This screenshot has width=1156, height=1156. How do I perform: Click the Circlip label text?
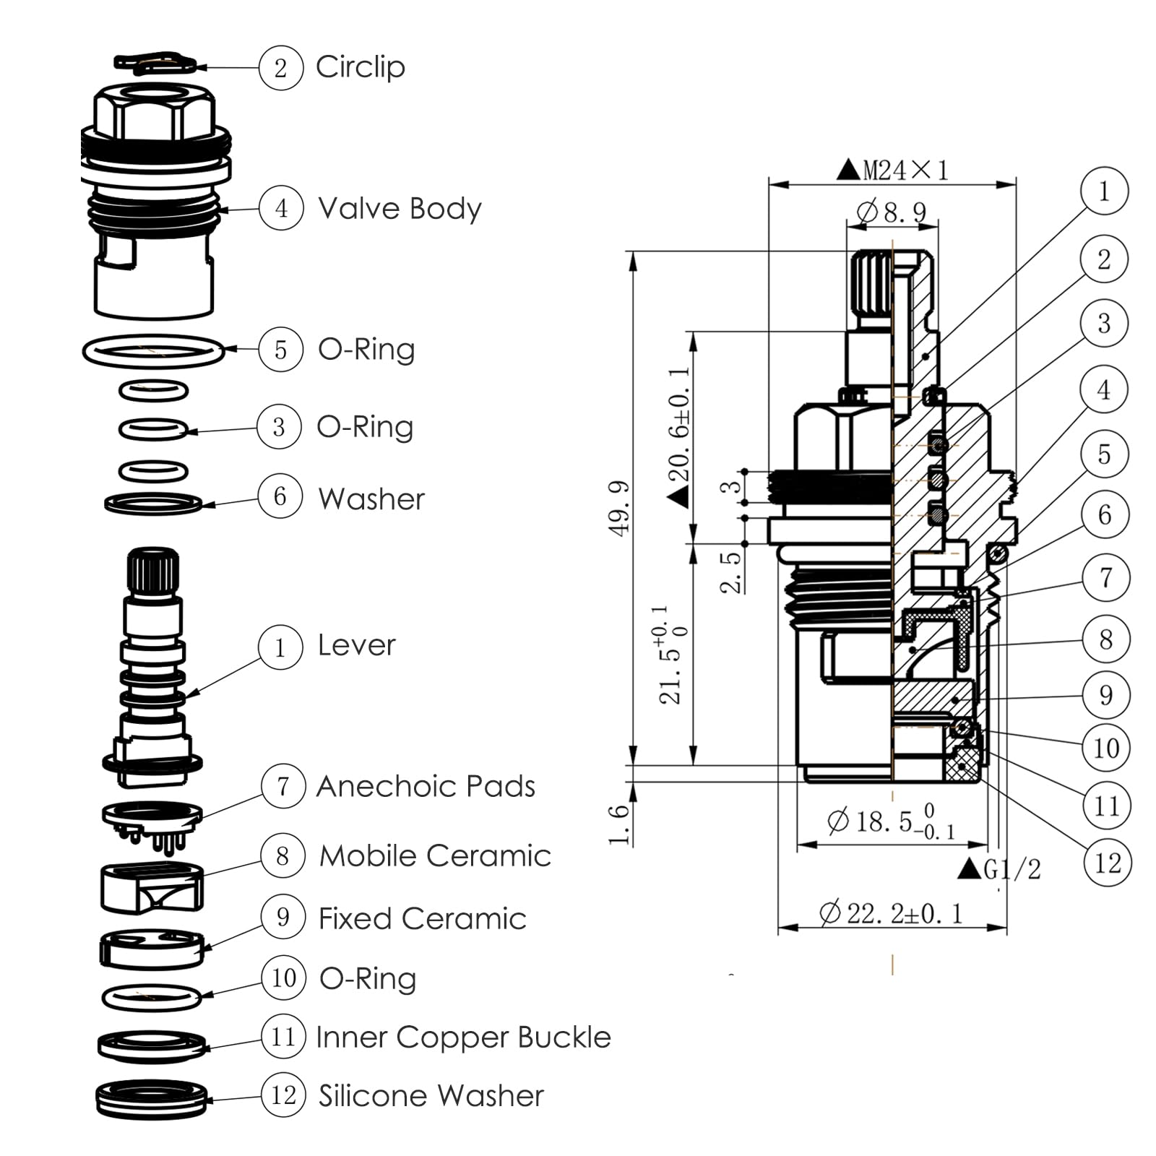pyautogui.click(x=360, y=67)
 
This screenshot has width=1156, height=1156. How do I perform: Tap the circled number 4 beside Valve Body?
pyautogui.click(x=280, y=208)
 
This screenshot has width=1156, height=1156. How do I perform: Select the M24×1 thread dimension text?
pyautogui.click(x=894, y=171)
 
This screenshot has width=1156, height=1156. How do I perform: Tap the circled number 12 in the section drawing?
pyautogui.click(x=1107, y=863)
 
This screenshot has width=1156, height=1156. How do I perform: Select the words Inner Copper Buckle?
pyautogui.click(x=463, y=1037)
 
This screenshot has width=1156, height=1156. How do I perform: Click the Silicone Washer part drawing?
pyautogui.click(x=152, y=1100)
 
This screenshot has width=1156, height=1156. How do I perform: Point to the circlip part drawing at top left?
pyautogui.click(x=154, y=63)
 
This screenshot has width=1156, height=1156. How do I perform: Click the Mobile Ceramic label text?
pyautogui.click(x=435, y=855)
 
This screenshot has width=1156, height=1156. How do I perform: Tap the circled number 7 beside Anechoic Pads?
pyautogui.click(x=282, y=786)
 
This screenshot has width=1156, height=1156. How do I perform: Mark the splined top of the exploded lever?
pyautogui.click(x=153, y=569)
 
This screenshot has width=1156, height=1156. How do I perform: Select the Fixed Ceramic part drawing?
pyautogui.click(x=152, y=949)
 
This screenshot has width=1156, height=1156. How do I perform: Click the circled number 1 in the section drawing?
pyautogui.click(x=1103, y=191)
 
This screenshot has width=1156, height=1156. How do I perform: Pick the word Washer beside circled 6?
pyautogui.click(x=371, y=499)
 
